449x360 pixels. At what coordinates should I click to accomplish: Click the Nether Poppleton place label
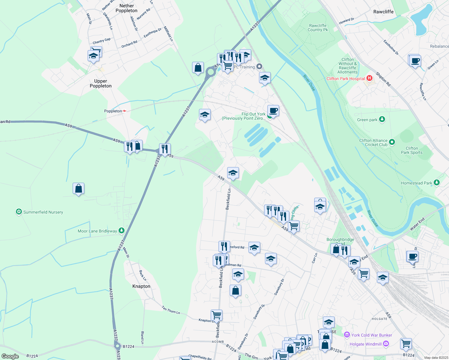click(x=126, y=8)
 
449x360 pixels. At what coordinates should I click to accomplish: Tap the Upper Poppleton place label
click(x=101, y=83)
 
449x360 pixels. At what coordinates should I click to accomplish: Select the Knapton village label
click(x=141, y=286)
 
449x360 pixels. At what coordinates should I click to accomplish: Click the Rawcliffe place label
click(x=383, y=12)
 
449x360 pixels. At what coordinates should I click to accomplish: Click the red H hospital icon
click(x=369, y=78)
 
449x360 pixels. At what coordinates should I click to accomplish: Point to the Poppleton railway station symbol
click(x=124, y=111)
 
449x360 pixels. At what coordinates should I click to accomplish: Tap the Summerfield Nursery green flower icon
click(x=19, y=212)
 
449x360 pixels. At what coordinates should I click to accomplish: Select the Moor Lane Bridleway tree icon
click(x=122, y=231)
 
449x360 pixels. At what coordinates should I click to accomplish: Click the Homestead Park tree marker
click(x=437, y=183)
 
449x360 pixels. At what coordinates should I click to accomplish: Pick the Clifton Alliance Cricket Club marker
click(x=392, y=142)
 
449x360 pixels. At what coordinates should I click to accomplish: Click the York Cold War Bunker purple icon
click(x=347, y=335)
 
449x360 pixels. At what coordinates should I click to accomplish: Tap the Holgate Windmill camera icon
click(x=386, y=344)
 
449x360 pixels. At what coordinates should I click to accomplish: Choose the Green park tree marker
click(x=382, y=120)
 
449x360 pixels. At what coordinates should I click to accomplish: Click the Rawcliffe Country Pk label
click(x=318, y=28)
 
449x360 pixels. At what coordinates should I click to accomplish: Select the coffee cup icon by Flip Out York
click(x=273, y=111)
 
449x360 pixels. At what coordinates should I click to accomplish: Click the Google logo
click(x=10, y=356)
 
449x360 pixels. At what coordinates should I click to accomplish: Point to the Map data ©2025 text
click(x=436, y=358)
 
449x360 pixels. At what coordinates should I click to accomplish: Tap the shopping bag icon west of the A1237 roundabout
click(x=198, y=68)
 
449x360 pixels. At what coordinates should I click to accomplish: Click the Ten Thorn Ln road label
click(x=171, y=310)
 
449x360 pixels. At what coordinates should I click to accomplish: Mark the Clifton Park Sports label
click(x=411, y=150)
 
